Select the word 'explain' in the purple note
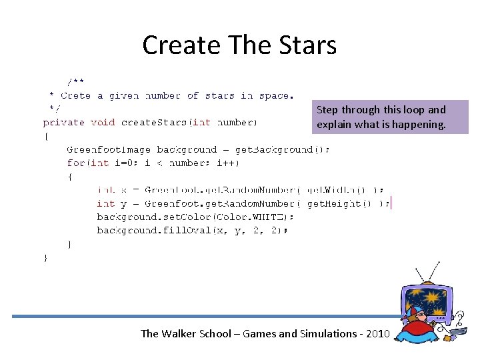335,124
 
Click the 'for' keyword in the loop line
77,163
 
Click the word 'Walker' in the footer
179,334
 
